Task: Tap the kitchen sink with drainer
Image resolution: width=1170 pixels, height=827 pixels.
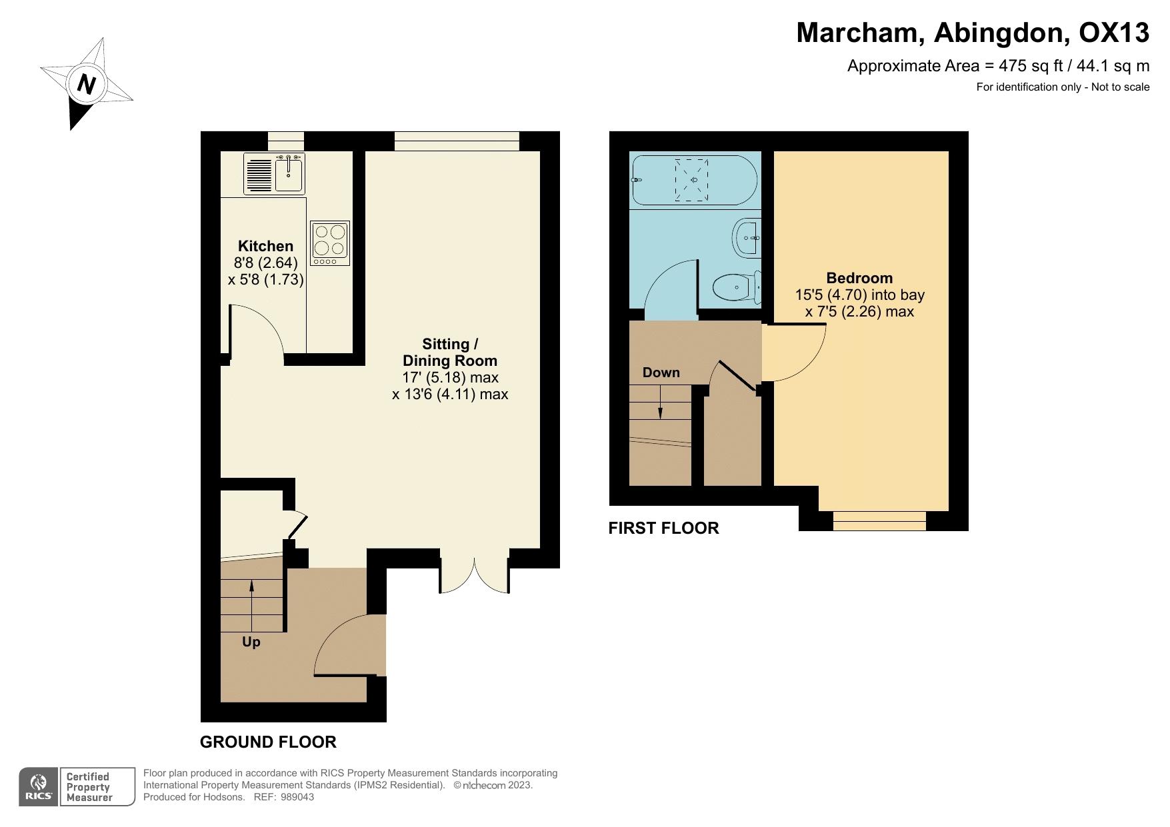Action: pyautogui.click(x=274, y=173)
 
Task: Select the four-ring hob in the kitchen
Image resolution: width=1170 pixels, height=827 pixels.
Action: pyautogui.click(x=330, y=243)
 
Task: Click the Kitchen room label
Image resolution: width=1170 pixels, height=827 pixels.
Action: pyautogui.click(x=265, y=246)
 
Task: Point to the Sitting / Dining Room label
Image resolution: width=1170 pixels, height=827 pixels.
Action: pyautogui.click(x=450, y=353)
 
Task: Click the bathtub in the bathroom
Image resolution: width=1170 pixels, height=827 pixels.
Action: pyautogui.click(x=693, y=180)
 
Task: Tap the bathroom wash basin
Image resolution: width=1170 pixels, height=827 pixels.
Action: pyautogui.click(x=747, y=237)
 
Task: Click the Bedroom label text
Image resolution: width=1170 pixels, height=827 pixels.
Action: pyautogui.click(x=859, y=278)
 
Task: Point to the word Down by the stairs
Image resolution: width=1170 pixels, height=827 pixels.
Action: pyautogui.click(x=661, y=373)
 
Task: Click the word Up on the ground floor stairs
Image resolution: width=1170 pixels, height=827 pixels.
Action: pyautogui.click(x=251, y=642)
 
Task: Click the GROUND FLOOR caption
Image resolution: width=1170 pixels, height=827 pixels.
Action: pyautogui.click(x=268, y=742)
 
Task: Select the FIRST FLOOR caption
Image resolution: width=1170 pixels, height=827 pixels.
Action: pyautogui.click(x=663, y=528)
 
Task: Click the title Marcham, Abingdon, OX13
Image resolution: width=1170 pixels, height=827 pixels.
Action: pyautogui.click(x=972, y=32)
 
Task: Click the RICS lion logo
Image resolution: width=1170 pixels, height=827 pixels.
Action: pyautogui.click(x=39, y=787)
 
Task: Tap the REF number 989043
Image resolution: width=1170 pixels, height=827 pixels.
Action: pyautogui.click(x=297, y=797)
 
